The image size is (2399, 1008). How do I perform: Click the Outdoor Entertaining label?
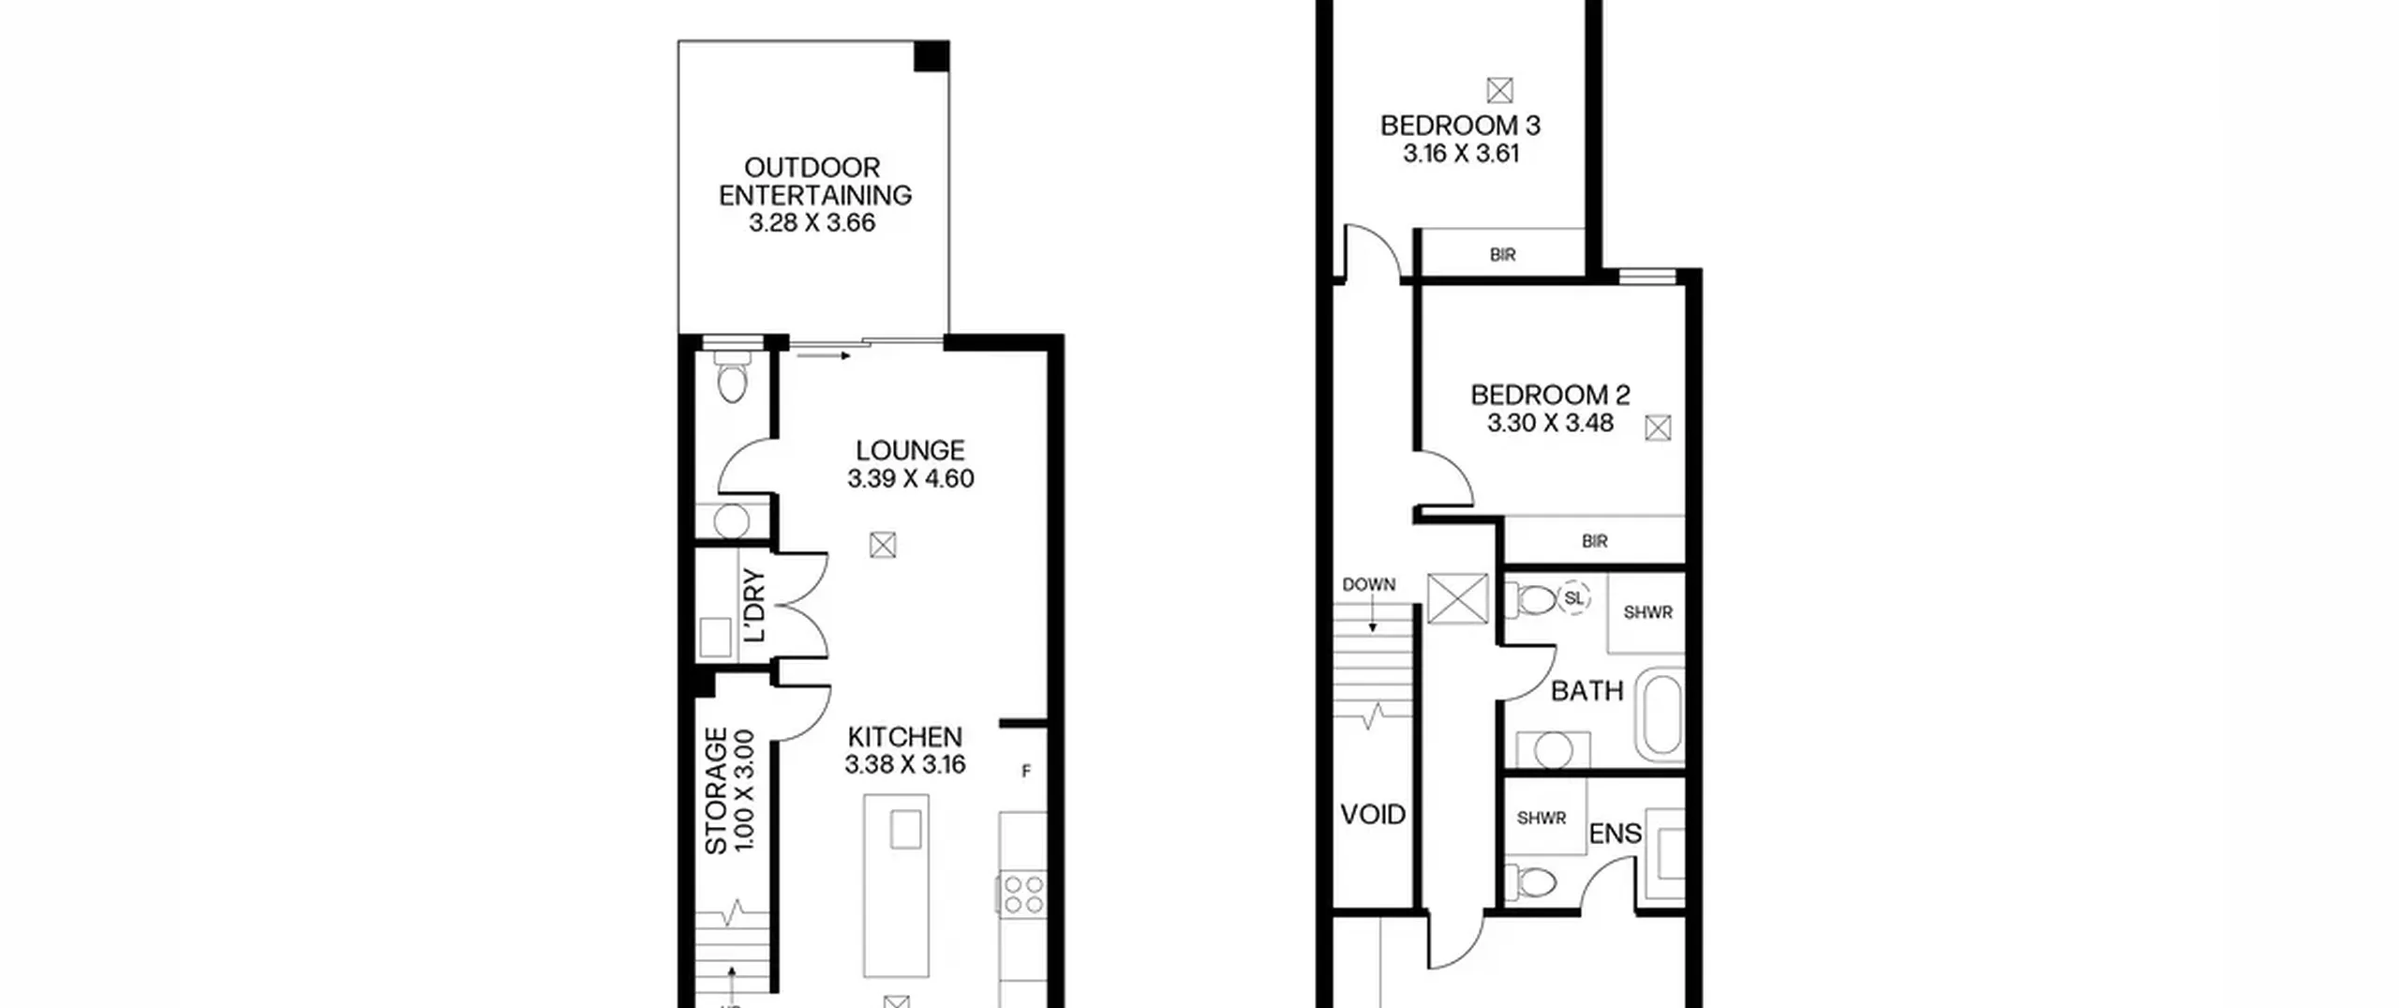[x=814, y=181]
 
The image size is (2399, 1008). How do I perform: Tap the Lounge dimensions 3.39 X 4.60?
[x=911, y=478]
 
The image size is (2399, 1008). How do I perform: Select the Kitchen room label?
[x=904, y=737]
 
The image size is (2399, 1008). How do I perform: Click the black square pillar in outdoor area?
[x=931, y=56]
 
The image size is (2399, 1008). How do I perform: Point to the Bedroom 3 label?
[x=1460, y=126]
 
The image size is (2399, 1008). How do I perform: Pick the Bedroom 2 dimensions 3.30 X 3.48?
[x=1550, y=423]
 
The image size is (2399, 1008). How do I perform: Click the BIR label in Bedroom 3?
[x=1502, y=255]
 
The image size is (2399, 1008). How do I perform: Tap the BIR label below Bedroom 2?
[x=1594, y=541]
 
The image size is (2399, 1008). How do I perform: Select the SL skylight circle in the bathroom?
[x=1573, y=598]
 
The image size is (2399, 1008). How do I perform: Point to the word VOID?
[x=1373, y=815]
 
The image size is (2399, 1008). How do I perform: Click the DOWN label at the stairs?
[x=1369, y=585]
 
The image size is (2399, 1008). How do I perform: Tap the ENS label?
[x=1616, y=834]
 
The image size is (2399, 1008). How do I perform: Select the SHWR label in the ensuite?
[x=1542, y=819]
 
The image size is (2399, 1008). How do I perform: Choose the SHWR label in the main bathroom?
[x=1648, y=613]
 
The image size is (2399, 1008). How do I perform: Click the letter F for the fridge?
[x=1026, y=772]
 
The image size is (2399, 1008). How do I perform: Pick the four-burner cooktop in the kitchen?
[x=1023, y=894]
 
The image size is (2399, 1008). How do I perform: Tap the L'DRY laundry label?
[x=754, y=606]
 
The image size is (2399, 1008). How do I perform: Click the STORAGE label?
[x=716, y=791]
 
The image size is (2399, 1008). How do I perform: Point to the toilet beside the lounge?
[x=731, y=375]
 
